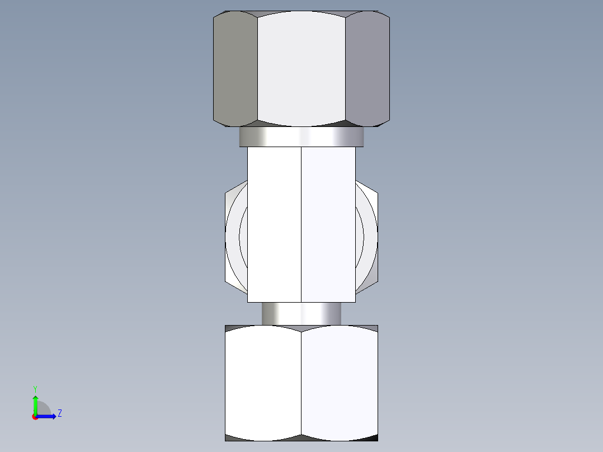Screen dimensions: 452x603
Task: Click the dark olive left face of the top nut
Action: pos(235,68)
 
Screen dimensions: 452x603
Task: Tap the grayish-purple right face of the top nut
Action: pos(367,68)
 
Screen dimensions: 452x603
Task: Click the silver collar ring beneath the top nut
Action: pos(301,136)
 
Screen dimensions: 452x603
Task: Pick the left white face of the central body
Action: pos(274,224)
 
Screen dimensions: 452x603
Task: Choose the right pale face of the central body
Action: pos(328,224)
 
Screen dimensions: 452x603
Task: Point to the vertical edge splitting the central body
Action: pos(301,224)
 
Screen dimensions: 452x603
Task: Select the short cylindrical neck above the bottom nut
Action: pos(301,313)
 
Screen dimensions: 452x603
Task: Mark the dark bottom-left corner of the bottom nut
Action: pos(229,437)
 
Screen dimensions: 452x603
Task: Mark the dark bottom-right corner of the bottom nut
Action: pos(373,437)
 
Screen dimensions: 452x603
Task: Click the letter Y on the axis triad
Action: pos(35,388)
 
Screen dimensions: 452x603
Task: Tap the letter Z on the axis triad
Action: pos(59,413)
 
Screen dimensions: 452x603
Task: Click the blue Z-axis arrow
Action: pos(47,416)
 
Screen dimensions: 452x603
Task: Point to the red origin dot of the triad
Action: pos(35,417)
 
